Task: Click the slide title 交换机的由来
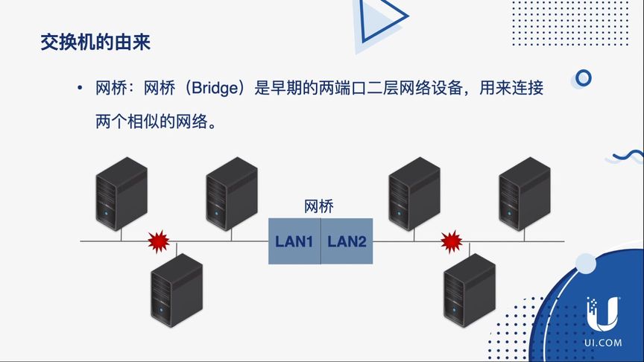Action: [x=95, y=42]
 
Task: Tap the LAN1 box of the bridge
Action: [x=294, y=241]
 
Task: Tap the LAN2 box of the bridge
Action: [x=347, y=241]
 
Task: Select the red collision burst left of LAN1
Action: [x=159, y=241]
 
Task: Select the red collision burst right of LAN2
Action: [x=451, y=241]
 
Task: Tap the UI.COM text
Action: [x=603, y=343]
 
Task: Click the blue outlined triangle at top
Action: [x=377, y=18]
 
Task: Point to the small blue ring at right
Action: [x=584, y=77]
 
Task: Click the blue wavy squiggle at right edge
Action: [x=628, y=156]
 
